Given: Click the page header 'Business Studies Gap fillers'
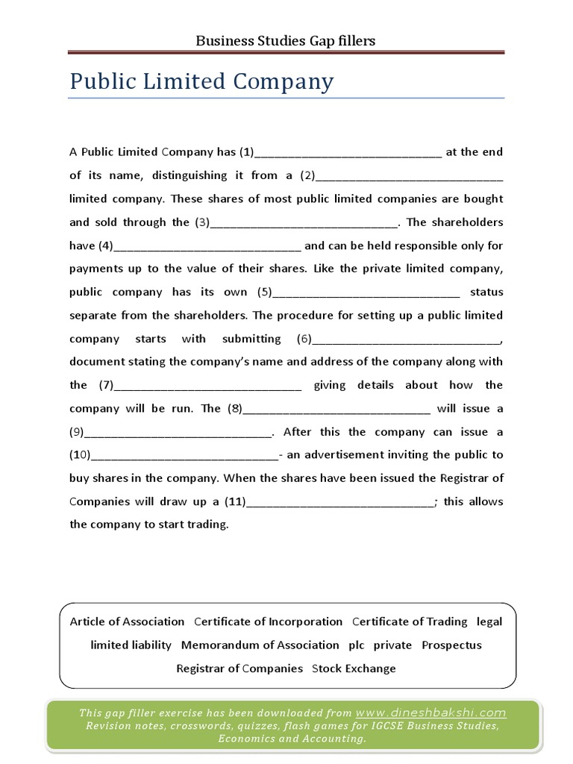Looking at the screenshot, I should point(285,40).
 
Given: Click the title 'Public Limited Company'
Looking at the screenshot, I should point(201,81).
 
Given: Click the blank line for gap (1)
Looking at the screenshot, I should point(348,154).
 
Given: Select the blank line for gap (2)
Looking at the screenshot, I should point(410,178).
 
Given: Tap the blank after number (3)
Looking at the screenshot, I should point(305,224).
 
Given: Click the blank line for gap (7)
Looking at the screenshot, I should point(208,387).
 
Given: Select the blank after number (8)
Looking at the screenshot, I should point(337,410).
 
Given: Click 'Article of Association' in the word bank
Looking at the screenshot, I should point(127,621).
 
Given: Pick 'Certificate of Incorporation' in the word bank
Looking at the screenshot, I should point(268,621).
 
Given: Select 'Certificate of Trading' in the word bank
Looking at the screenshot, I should point(410,621).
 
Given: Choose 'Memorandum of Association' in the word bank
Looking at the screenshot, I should point(260,645).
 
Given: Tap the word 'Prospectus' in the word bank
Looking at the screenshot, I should point(451,645).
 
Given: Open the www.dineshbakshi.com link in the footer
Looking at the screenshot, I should point(430,713).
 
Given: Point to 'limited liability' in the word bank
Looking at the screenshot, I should point(131,645).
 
